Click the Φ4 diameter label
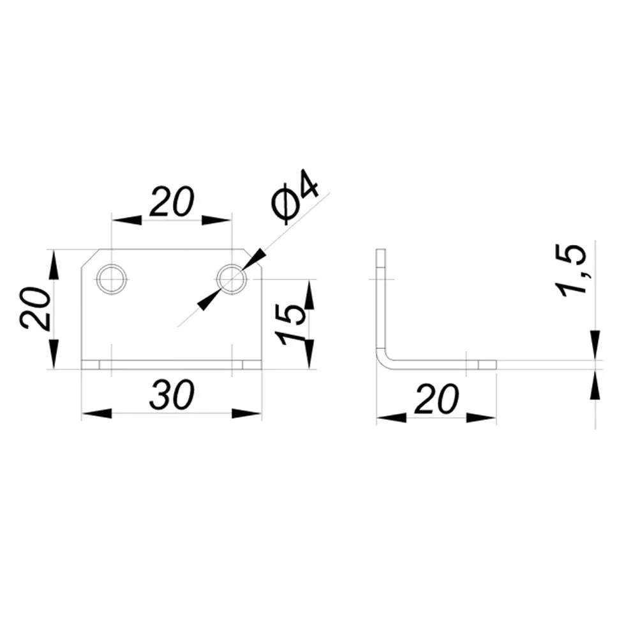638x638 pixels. coord(295,197)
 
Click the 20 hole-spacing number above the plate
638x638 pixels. coord(172,201)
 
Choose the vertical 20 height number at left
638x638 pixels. coord(35,308)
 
